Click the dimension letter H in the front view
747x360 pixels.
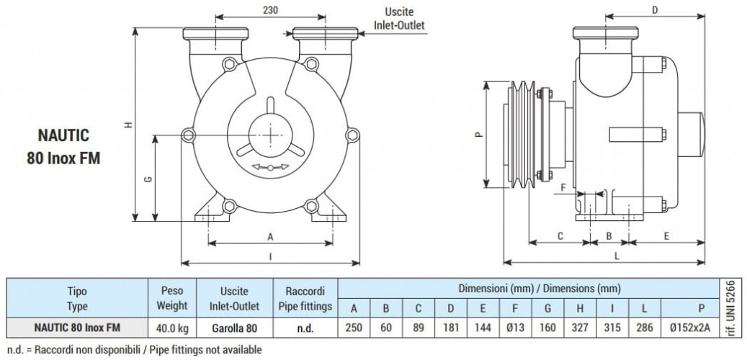click(x=128, y=125)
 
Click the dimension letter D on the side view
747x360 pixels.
click(x=655, y=10)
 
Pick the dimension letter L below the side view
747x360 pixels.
click(x=618, y=254)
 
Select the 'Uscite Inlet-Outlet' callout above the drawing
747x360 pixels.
click(x=398, y=19)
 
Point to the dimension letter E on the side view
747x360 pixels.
click(x=667, y=236)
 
